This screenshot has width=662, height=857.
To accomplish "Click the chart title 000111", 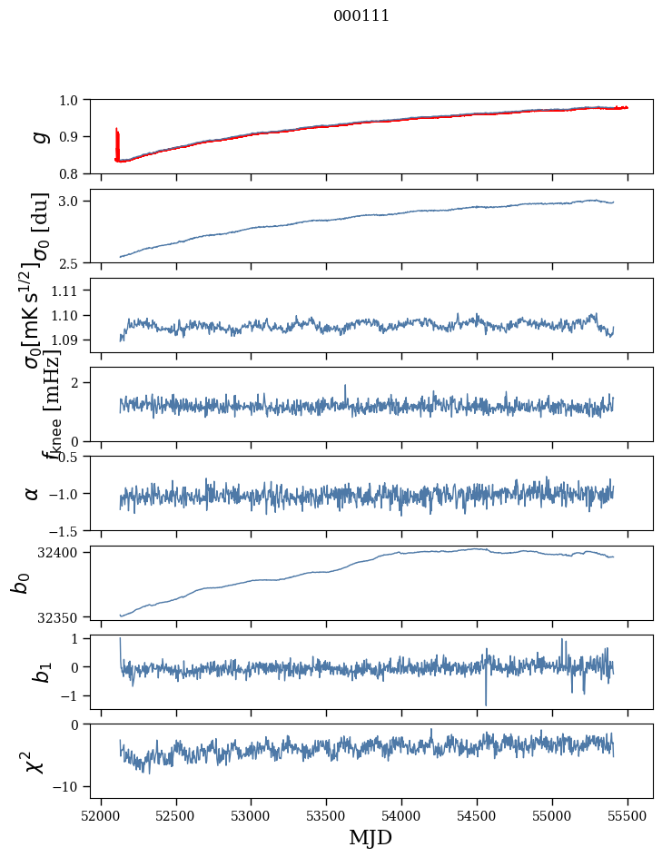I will [361, 15].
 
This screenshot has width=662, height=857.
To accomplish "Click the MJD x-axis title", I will [371, 837].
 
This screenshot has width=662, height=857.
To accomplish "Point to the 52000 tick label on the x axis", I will [101, 815].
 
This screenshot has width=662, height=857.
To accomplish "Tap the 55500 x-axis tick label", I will [627, 815].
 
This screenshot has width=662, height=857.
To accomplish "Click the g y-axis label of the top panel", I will [38, 136].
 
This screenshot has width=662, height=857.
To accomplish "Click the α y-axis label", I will [33, 493].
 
